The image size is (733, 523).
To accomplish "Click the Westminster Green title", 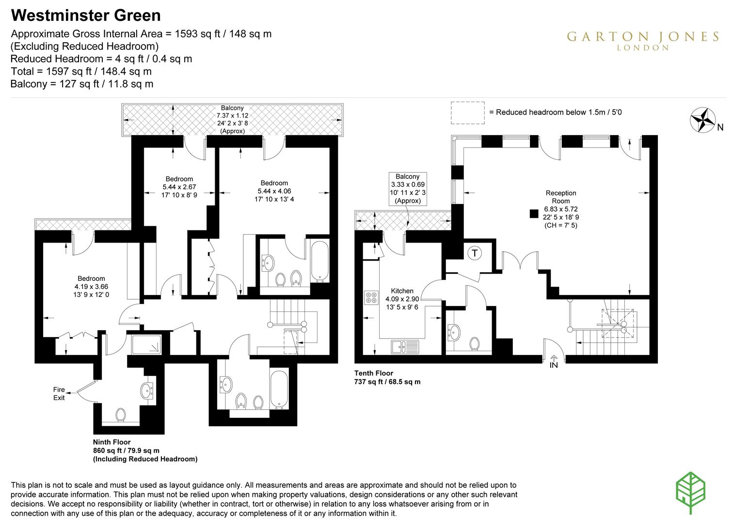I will [86, 15].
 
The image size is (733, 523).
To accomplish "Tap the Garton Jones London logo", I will [643, 40].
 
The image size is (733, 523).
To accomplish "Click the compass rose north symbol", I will [703, 119].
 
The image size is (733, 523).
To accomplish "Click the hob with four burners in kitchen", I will [371, 297].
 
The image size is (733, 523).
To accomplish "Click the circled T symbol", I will [475, 253].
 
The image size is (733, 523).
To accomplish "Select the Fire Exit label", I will [59, 393].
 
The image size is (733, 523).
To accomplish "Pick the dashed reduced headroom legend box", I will [467, 112].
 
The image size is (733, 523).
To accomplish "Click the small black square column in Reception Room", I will [534, 213].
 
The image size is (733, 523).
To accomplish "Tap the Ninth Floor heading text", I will [112, 442].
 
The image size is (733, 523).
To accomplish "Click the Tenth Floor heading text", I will [374, 373].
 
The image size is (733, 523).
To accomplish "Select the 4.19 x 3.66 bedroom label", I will [91, 286].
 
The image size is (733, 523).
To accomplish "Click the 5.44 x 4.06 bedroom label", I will [274, 191].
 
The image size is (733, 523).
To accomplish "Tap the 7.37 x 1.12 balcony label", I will [232, 120].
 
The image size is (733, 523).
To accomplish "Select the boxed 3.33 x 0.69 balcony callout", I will [407, 188].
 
